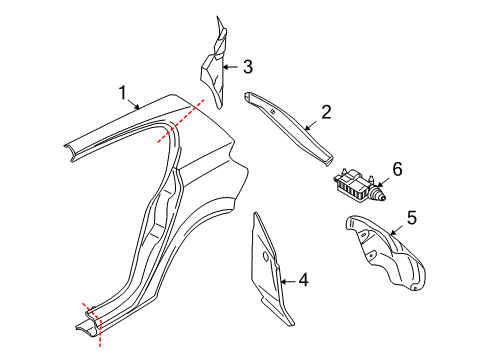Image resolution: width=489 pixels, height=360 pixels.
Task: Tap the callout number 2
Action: [x=325, y=114]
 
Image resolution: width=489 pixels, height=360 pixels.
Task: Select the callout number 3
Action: [x=247, y=67]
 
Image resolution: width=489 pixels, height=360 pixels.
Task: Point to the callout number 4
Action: [x=303, y=281]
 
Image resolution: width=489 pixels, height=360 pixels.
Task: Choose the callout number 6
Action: [x=396, y=171]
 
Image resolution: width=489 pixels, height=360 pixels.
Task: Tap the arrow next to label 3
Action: [x=231, y=68]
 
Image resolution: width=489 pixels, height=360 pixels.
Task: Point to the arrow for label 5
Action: [x=395, y=227]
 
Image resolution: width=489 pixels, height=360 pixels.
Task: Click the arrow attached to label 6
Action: [x=383, y=180]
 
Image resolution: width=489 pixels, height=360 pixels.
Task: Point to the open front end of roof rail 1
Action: [x=70, y=152]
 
